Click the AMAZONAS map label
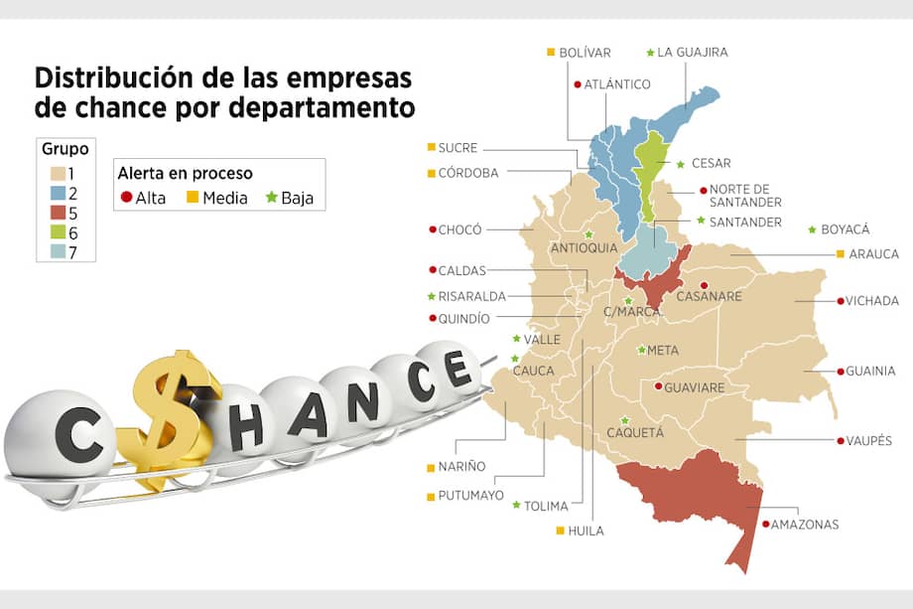coord(804,525)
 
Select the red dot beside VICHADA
coord(841,300)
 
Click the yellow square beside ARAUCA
coord(841,254)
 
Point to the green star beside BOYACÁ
coord(814,229)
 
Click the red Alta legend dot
coord(126,198)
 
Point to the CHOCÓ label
coord(460,229)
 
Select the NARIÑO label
coord(461,466)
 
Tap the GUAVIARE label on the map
coord(695,387)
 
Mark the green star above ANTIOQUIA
coord(589,234)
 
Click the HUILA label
coord(586,531)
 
